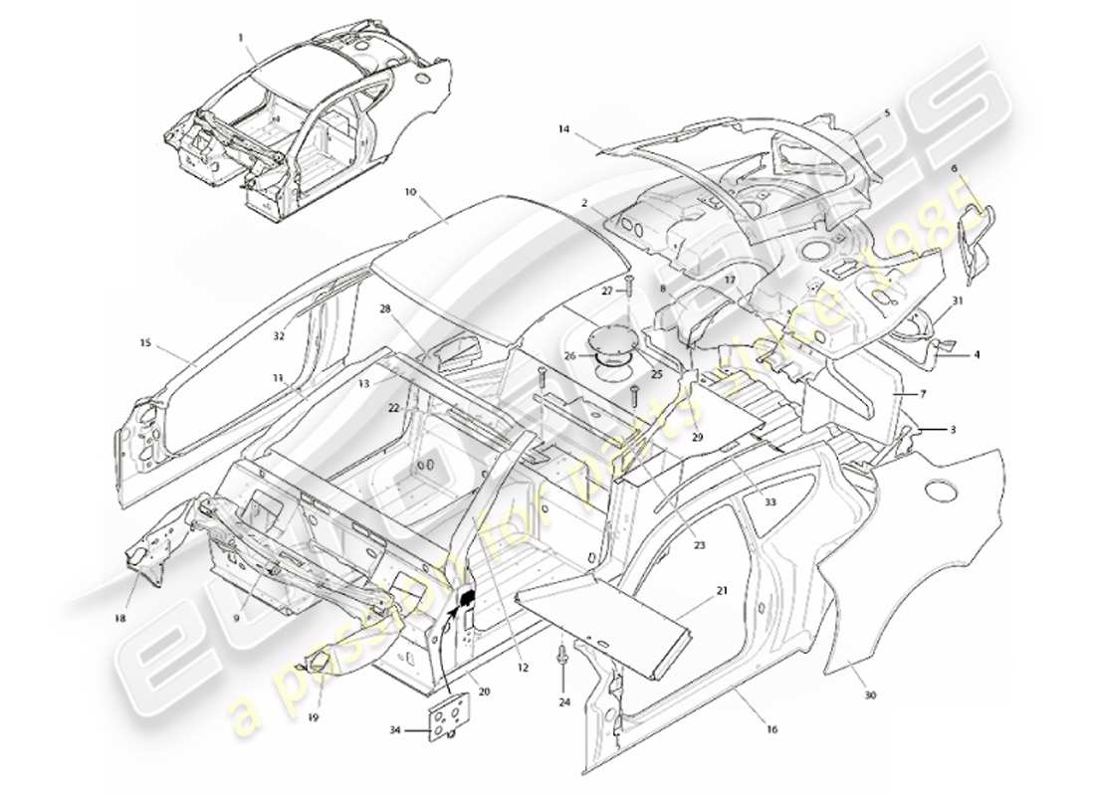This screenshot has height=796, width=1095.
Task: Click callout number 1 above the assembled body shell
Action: (240, 37)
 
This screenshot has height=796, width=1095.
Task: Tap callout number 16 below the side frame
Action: (772, 730)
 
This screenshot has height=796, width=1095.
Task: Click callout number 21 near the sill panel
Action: (721, 590)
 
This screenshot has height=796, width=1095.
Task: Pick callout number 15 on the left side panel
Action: (144, 343)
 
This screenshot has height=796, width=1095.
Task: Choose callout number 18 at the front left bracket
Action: (120, 618)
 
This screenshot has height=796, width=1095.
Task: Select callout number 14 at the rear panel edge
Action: (563, 129)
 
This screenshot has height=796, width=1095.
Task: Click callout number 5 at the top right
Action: (887, 113)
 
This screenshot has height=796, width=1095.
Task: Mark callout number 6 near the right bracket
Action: (955, 170)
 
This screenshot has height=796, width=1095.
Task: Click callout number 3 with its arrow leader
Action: (953, 429)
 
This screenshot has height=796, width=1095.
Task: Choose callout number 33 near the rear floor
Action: (769, 503)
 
